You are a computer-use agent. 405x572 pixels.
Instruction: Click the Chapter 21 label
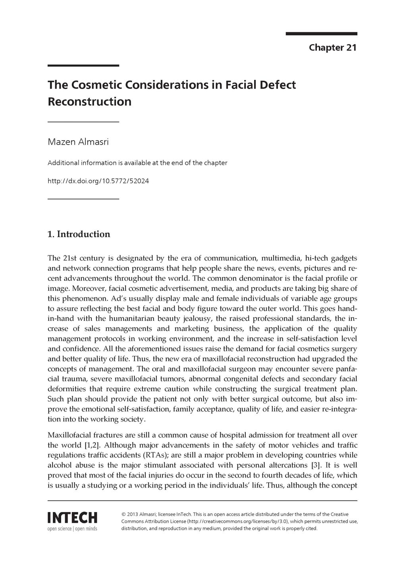(x=333, y=48)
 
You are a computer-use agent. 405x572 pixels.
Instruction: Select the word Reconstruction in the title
(x=89, y=101)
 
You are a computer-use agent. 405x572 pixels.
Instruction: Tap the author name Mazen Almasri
(x=78, y=142)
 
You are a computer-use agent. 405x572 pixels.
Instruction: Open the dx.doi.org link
(x=98, y=181)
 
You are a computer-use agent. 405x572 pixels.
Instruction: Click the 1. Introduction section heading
(x=79, y=234)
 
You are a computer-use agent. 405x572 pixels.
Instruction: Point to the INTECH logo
(x=72, y=518)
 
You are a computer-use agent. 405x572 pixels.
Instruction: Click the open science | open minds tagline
(x=72, y=529)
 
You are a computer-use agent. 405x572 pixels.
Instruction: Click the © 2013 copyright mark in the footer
(x=130, y=514)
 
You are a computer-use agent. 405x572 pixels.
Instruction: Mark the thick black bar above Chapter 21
(x=321, y=34)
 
